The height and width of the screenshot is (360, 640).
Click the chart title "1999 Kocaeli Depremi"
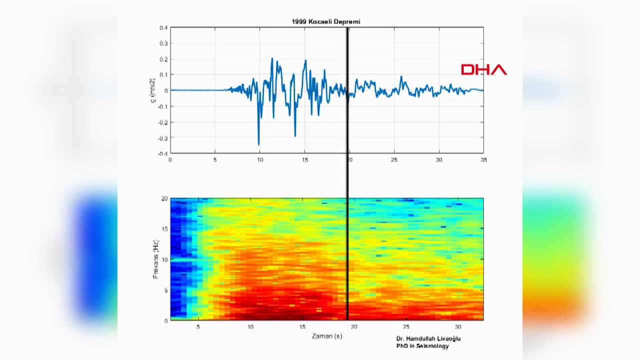[326, 21]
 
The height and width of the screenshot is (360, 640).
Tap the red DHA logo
[483, 70]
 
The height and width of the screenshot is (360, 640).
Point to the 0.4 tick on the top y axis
[163, 28]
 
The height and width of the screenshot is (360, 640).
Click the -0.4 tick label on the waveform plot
[162, 153]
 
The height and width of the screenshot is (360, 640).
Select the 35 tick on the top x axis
[483, 159]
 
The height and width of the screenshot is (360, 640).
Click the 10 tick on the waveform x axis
[259, 159]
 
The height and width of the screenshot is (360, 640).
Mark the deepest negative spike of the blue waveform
[258, 144]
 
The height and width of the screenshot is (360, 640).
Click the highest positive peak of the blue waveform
[272, 58]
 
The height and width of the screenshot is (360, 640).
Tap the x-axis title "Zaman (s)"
[327, 336]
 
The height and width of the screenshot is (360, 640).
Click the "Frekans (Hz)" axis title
[156, 259]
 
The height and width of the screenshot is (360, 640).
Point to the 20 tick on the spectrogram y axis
[164, 198]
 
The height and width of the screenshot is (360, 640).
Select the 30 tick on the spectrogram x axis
[458, 327]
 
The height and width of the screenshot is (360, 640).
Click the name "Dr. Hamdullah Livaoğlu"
[428, 338]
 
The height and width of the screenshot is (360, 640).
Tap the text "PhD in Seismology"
[422, 346]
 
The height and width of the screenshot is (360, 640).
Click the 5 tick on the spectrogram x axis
[198, 327]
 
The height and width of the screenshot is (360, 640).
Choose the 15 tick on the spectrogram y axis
[164, 229]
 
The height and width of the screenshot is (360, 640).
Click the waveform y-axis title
[153, 90]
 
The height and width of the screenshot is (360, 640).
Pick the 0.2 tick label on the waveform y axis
[163, 59]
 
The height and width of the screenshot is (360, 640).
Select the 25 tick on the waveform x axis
[394, 159]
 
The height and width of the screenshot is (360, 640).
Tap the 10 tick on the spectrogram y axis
[164, 259]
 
